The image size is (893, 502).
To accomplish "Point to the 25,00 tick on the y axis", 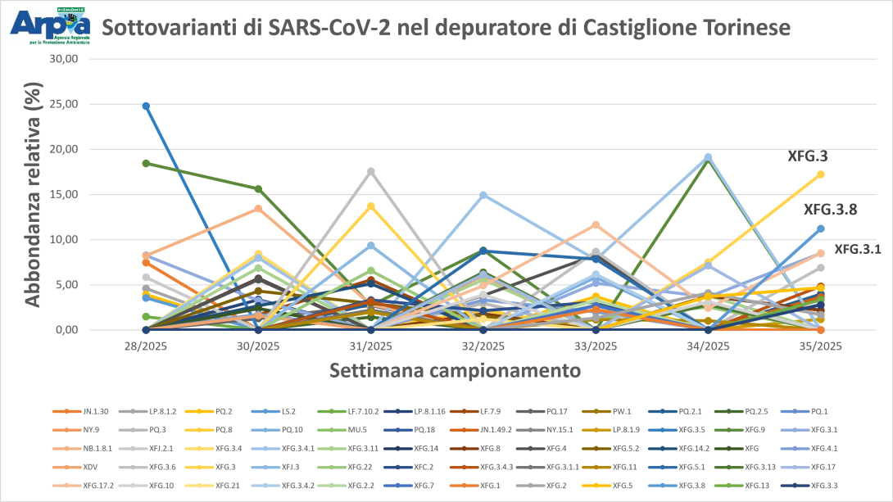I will (70, 104).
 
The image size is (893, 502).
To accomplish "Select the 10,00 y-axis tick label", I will (70, 240).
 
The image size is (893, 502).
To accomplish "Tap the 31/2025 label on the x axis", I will (371, 346).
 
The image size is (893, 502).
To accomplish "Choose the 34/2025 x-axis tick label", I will (708, 346).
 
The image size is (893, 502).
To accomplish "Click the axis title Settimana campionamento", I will (456, 370).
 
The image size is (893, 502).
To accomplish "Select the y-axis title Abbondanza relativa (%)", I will (33, 195).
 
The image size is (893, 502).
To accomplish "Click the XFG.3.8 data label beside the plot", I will (830, 209).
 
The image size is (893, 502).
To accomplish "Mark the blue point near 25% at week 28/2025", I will (146, 106).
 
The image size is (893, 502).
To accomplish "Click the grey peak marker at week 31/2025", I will (371, 171).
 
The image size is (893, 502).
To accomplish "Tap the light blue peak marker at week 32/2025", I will (483, 195).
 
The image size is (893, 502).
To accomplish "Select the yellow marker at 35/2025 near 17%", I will (820, 174).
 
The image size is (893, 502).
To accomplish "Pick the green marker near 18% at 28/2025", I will (146, 163).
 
